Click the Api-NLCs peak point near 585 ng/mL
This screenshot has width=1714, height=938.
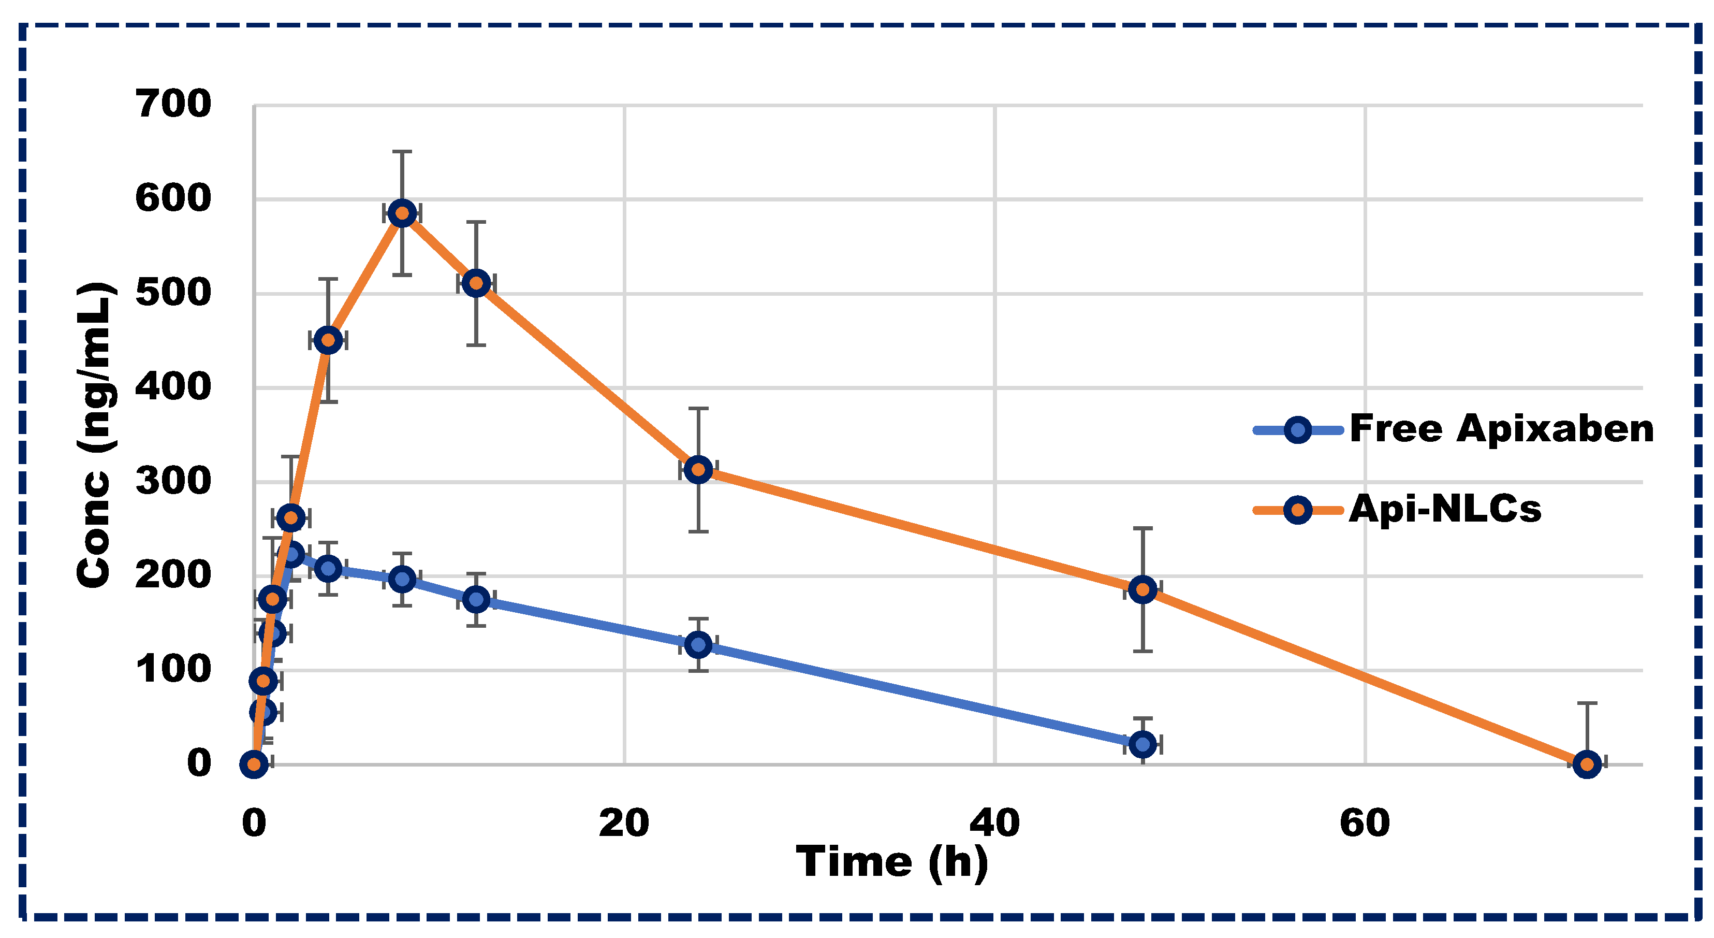click(402, 213)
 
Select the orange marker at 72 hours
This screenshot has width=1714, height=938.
click(1587, 764)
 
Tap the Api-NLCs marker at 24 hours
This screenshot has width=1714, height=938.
click(698, 469)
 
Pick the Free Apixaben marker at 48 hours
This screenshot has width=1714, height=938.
click(1142, 744)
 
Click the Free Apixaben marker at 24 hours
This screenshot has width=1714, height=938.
click(698, 644)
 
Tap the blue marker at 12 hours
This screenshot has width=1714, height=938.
click(476, 599)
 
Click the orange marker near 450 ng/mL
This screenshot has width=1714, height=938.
click(328, 340)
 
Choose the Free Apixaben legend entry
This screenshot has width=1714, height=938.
click(1500, 429)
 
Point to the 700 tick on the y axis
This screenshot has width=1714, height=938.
click(173, 105)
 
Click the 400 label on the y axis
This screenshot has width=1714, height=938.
click(173, 387)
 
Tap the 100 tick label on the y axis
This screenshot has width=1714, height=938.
click(173, 670)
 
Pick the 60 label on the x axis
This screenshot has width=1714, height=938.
click(1365, 823)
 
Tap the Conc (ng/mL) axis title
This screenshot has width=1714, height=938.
click(95, 436)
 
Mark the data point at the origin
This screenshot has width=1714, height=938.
click(254, 764)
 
